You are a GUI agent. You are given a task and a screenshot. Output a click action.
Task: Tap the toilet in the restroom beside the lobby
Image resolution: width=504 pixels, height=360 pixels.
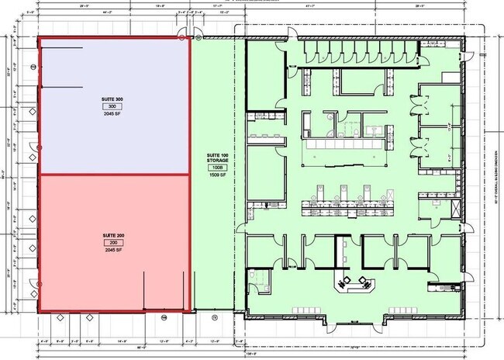(x=252, y=275)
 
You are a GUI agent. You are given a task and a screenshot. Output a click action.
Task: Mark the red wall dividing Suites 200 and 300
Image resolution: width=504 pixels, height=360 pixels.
(x=114, y=175)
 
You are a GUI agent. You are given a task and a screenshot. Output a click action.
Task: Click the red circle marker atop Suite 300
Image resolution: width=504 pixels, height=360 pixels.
(x=182, y=36)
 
